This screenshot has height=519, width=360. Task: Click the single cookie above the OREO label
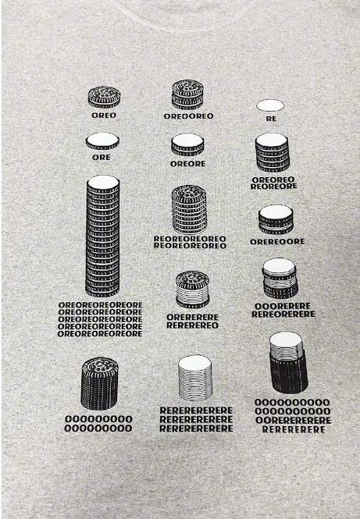tap(104, 97)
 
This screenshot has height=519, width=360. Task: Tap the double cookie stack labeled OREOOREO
tap(187, 94)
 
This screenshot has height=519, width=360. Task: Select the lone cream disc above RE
tap(270, 105)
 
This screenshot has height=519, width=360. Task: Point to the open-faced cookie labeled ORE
tap(102, 141)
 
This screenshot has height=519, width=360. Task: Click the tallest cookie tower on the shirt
tap(102, 236)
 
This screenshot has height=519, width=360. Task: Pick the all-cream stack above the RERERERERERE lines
tap(194, 378)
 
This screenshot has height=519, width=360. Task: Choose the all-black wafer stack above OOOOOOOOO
tap(99, 383)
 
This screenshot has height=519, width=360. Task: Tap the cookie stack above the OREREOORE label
tap(276, 220)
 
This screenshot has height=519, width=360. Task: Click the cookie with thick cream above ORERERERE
tap(192, 290)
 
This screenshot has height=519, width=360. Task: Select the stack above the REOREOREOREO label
tap(189, 209)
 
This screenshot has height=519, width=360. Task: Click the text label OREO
tap(104, 116)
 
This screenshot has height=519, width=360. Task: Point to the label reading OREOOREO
tap(188, 116)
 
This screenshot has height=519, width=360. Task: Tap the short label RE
tap(271, 119)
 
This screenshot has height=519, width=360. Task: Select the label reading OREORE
tap(187, 164)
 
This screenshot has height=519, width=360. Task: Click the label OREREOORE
tap(277, 242)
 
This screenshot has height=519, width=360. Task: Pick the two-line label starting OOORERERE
tap(283, 310)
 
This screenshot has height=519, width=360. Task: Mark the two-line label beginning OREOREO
tap(274, 183)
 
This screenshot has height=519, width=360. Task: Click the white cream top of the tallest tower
tap(103, 182)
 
